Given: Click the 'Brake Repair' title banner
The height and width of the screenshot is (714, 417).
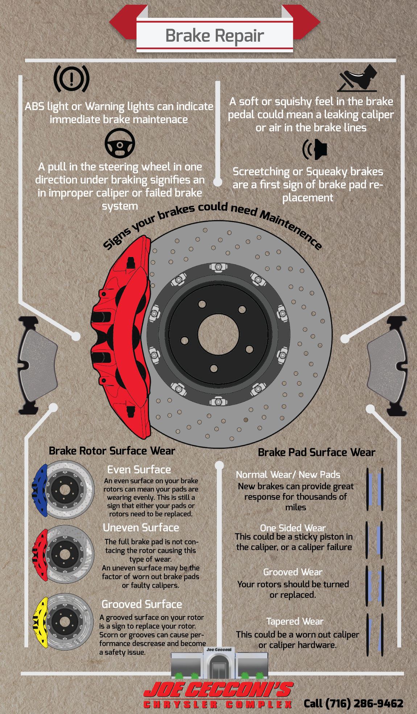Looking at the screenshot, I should click(x=214, y=36).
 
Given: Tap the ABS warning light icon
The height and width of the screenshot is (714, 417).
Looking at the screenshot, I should click(x=71, y=78).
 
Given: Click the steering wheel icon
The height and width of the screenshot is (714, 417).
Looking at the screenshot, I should click(x=120, y=143).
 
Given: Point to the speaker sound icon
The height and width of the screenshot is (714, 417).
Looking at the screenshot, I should click(x=315, y=149).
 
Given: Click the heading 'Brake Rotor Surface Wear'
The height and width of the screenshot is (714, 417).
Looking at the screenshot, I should click(x=112, y=451).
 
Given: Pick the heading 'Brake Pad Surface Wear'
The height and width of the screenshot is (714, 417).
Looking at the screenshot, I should click(x=316, y=452).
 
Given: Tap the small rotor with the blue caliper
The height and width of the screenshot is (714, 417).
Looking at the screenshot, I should click(x=63, y=489).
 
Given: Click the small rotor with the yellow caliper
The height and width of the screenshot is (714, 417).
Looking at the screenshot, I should click(x=63, y=621).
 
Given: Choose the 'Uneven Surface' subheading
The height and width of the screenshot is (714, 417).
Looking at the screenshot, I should click(x=141, y=527).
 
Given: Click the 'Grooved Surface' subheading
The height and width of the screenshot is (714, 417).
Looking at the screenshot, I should click(x=141, y=604).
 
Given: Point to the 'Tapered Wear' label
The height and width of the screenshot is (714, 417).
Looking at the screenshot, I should click(x=295, y=621).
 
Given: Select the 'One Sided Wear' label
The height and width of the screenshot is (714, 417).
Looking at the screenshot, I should click(x=293, y=528).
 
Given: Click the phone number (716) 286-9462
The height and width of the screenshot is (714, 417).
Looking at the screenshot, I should click(x=353, y=703).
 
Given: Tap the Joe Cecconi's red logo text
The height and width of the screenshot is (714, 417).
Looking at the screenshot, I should click(x=218, y=690).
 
